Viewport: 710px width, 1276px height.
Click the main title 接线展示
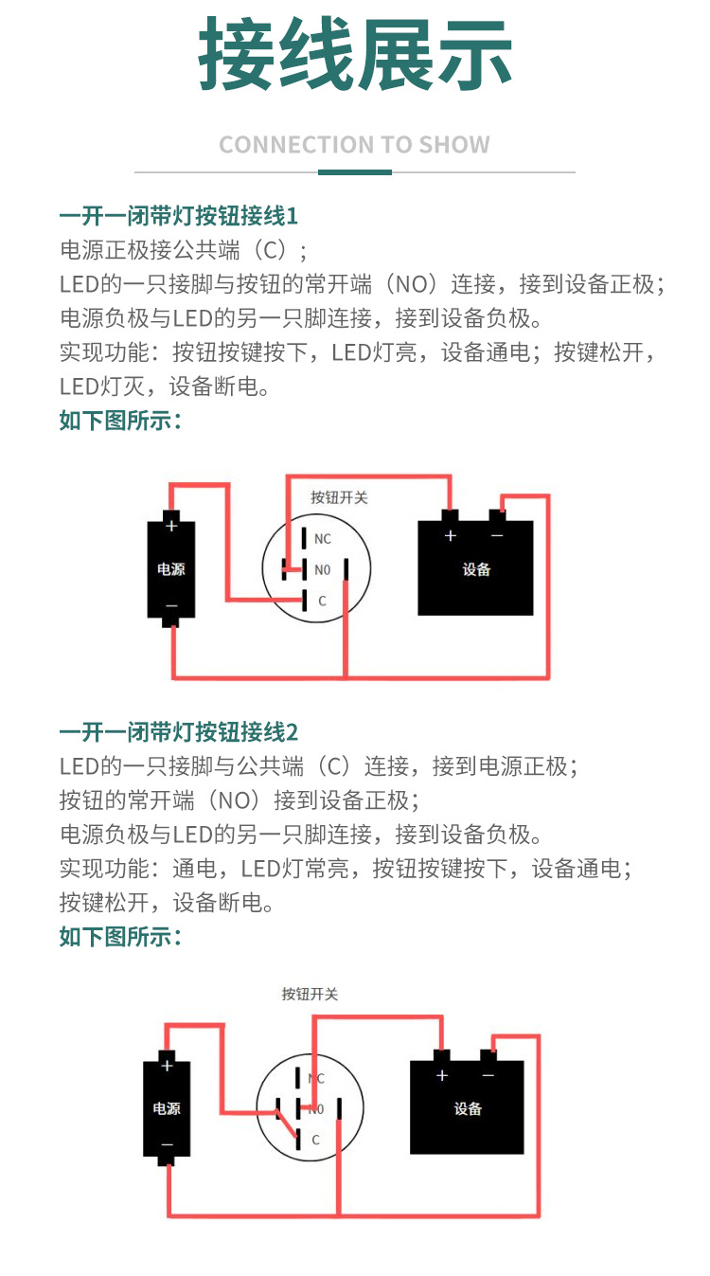(x=355, y=54)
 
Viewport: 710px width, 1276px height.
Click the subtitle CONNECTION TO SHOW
(x=355, y=145)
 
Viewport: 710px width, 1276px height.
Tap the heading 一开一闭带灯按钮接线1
(x=179, y=216)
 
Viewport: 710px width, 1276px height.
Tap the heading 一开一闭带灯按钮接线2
(x=179, y=732)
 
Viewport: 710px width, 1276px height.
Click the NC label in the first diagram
(x=322, y=539)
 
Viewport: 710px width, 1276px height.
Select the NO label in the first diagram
(x=322, y=569)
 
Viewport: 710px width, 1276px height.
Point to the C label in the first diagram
(x=322, y=601)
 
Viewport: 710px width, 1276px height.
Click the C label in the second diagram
(x=315, y=1140)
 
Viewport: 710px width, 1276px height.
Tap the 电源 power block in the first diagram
(x=171, y=568)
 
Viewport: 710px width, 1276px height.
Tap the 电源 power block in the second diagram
(x=167, y=1108)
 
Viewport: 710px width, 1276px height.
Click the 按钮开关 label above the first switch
(x=339, y=498)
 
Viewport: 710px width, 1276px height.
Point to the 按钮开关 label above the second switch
(x=311, y=994)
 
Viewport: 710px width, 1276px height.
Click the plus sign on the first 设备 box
(x=451, y=535)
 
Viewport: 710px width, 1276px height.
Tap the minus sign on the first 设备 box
(x=497, y=536)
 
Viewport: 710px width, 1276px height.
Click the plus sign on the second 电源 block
(x=167, y=1066)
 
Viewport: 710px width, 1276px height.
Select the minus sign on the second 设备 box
(x=488, y=1075)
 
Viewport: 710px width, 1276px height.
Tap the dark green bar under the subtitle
(x=355, y=172)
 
